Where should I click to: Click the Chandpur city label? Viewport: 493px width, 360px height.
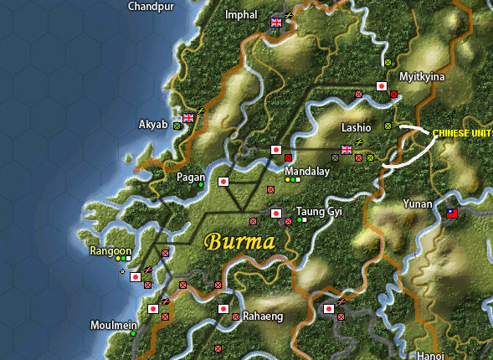[151, 6]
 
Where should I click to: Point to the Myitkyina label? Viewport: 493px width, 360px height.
[422, 76]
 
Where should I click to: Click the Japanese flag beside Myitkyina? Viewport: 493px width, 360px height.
[382, 86]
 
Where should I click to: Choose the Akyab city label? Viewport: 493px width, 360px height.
[153, 125]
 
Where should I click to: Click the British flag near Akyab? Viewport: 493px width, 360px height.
[188, 117]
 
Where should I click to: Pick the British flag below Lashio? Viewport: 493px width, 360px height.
[347, 151]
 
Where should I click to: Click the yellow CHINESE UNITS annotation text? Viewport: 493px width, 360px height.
[463, 133]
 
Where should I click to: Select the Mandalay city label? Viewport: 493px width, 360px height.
[307, 171]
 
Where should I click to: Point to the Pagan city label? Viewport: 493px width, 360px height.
[190, 177]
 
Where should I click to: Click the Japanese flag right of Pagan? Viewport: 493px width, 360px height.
[223, 182]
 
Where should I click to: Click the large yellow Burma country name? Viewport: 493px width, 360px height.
[239, 243]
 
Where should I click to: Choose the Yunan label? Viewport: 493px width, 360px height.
[417, 203]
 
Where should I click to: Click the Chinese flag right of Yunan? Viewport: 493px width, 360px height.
[453, 213]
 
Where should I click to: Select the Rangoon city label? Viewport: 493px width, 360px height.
[110, 250]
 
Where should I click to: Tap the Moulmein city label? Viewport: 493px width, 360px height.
[110, 324]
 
